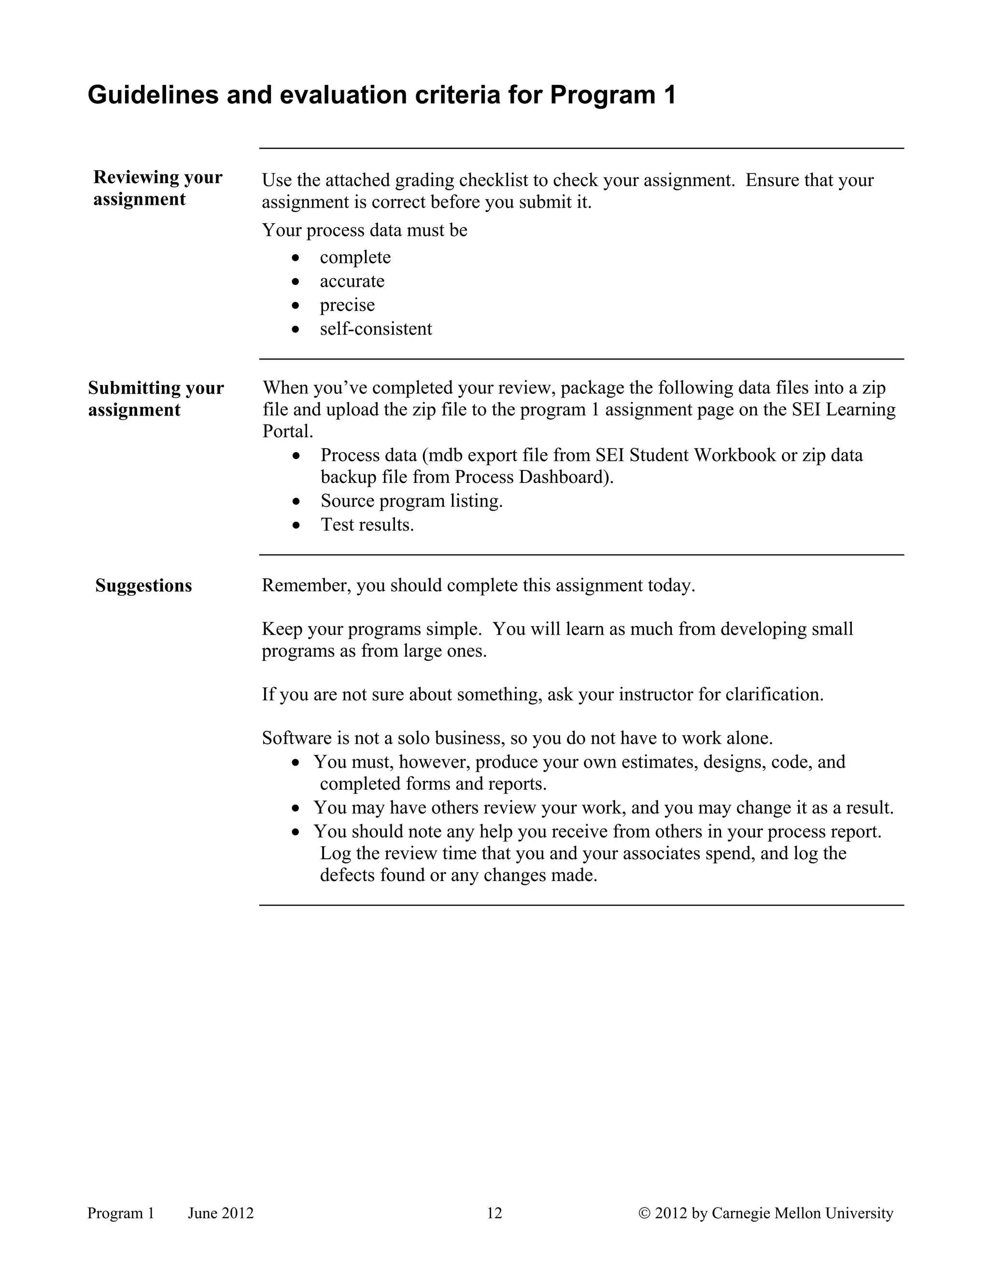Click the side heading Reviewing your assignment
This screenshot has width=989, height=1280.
pos(157,187)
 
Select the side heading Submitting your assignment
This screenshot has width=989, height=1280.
pos(156,398)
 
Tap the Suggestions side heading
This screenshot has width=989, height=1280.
pos(143,585)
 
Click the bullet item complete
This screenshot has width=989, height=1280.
pos(355,257)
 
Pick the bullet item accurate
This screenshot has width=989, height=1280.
pos(352,281)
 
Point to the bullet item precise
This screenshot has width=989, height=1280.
pos(347,305)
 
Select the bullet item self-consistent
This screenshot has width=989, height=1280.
pos(376,329)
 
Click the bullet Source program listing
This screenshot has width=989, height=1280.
pos(411,501)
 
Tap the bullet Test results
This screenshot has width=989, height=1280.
pos(367,525)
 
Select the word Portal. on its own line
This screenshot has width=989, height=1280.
pos(288,432)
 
